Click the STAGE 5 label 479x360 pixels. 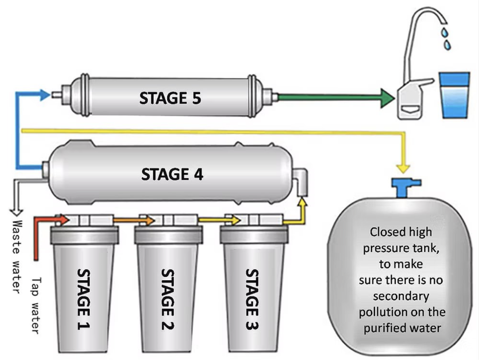point(170,98)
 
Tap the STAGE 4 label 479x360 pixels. point(172,174)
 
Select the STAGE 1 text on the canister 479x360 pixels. point(84,299)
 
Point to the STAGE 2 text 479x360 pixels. point(168,299)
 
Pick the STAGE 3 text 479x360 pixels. point(253,299)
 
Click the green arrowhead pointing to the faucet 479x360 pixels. point(387,98)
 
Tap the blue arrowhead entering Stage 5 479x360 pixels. point(45,95)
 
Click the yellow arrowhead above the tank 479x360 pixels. point(403,168)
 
